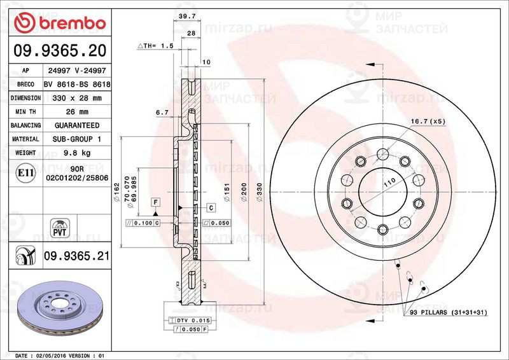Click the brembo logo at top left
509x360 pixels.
pos(60,24)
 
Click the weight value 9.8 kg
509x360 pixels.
pos(77,153)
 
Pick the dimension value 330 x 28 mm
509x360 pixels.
pos(77,98)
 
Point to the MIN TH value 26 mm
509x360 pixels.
pos(77,112)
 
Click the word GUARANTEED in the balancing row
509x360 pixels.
pos(77,125)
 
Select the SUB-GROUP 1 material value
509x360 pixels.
pos(77,139)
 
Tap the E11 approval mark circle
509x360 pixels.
pos(25,172)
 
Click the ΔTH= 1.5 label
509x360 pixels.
pos(157,46)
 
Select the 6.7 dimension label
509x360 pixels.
pos(162,112)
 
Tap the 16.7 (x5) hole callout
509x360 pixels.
pos(429,121)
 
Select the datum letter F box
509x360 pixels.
pos(155,202)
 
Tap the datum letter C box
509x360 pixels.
pos(209,208)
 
